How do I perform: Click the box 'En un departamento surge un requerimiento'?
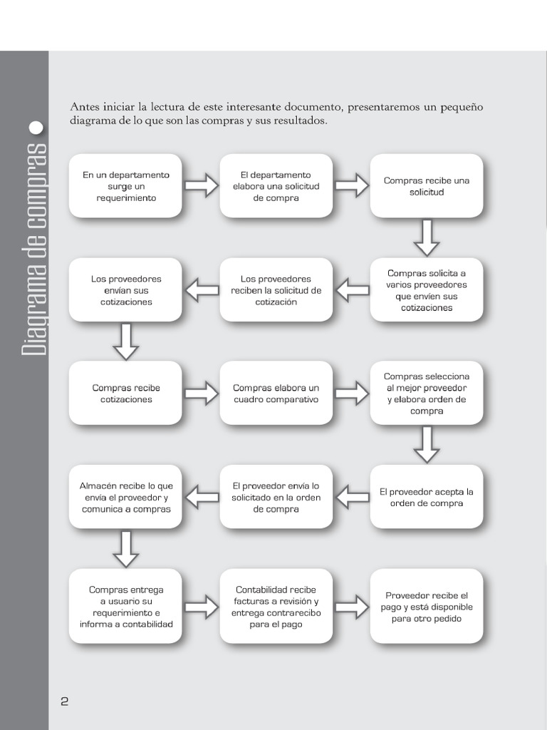pos(125,186)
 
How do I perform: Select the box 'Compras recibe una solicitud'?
pos(426,186)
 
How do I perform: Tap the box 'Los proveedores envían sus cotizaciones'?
pos(125,290)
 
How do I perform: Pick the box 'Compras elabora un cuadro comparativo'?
pos(276,394)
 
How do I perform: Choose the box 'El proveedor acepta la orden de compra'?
pos(426,497)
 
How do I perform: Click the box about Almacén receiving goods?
pos(125,497)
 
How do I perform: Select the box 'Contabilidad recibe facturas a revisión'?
pos(276,607)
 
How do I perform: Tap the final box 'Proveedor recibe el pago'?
pos(426,607)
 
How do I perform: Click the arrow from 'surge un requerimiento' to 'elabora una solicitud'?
pos(201,185)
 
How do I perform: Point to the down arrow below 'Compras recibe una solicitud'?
pos(427,237)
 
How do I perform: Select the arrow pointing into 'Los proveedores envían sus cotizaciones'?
pos(202,290)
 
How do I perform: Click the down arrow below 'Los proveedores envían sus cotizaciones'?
pos(126,341)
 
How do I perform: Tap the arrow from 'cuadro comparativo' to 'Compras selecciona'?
pos(351,393)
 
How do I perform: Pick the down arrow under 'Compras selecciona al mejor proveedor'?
pos(427,444)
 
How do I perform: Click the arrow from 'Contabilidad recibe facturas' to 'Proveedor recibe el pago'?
pos(351,607)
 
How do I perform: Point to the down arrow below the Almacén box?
pos(126,548)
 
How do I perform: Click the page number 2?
pos(64,701)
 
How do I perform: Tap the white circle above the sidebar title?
pos(36,129)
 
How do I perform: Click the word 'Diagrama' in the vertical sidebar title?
pos(35,311)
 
